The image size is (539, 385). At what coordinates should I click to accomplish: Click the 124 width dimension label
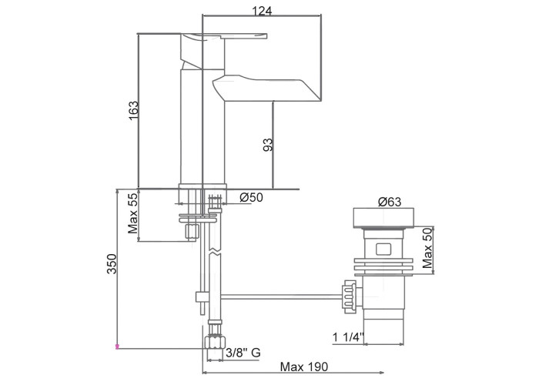pos(262,11)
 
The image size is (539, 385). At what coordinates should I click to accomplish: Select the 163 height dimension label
pos(133,110)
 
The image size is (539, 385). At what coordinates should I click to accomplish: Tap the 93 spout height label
pos(268,145)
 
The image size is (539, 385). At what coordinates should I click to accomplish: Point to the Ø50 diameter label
pos(251,197)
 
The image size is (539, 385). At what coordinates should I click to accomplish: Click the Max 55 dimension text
pos(132,213)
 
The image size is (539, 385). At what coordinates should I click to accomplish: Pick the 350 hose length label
pos(112,264)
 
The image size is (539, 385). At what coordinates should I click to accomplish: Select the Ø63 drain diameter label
pos(390,202)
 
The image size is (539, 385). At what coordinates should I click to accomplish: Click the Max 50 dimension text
pos(427,248)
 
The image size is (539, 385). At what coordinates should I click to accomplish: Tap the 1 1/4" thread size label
pos(348,337)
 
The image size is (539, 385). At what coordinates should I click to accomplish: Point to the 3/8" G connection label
pos(243,353)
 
